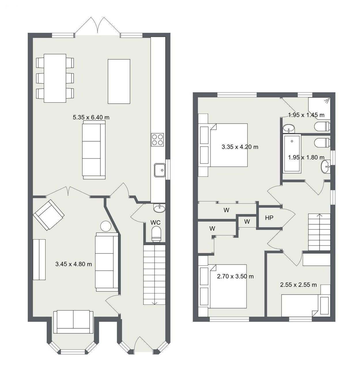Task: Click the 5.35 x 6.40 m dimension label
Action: click(91, 117)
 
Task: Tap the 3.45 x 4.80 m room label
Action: click(73, 264)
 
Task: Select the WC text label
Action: click(155, 223)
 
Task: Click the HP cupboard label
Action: click(269, 218)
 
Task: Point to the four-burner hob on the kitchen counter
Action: click(157, 140)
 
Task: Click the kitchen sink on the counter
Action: click(160, 170)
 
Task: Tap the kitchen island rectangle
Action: click(119, 81)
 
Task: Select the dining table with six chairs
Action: click(55, 78)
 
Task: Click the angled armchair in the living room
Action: click(49, 215)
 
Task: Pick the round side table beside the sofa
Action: click(105, 226)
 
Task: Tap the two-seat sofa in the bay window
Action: click(73, 322)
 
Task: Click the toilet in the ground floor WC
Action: click(157, 234)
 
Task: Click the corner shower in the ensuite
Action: click(319, 108)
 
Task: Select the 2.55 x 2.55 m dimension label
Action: click(298, 285)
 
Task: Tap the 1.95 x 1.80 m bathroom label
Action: click(306, 157)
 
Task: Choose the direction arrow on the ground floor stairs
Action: click(155, 303)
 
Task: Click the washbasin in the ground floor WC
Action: click(159, 208)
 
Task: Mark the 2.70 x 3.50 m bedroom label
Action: click(235, 276)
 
